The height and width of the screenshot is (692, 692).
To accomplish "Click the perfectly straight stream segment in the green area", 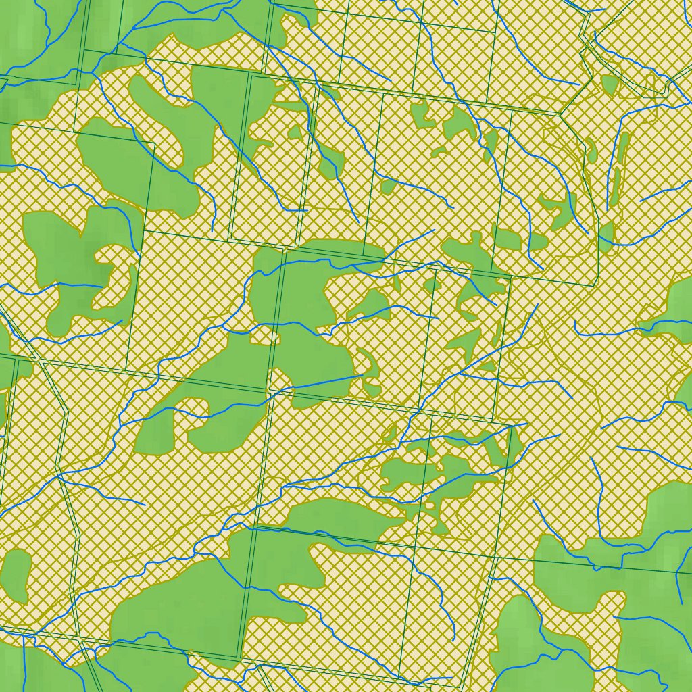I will point(324,382).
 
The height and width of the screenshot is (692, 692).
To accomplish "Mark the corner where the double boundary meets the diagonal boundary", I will point(560,114).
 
